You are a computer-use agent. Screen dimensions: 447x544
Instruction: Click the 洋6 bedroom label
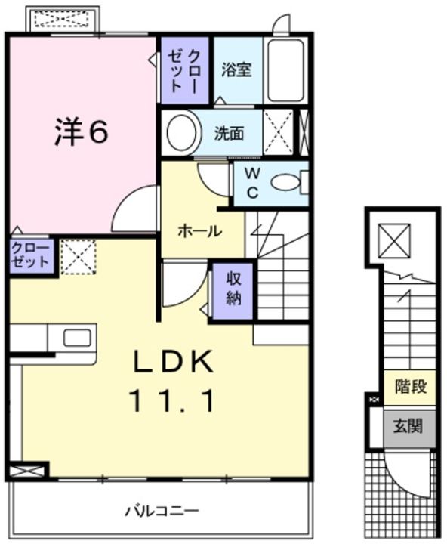click(82, 131)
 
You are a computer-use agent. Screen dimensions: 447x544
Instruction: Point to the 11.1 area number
click(171, 400)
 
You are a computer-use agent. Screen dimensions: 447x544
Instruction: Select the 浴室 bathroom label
click(236, 70)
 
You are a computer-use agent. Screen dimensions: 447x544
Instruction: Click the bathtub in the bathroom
click(285, 70)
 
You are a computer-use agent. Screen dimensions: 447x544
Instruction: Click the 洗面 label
click(229, 133)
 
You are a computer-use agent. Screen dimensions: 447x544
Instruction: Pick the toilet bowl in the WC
click(285, 182)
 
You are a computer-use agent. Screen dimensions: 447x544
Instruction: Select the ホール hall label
click(200, 230)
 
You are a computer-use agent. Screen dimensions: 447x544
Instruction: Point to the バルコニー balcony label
click(162, 511)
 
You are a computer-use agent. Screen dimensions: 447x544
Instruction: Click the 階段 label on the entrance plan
click(410, 387)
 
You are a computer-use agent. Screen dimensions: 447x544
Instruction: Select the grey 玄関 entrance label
click(408, 426)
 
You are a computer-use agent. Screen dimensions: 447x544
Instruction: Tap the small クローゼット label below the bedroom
click(30, 255)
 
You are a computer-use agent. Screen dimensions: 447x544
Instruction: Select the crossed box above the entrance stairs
click(394, 241)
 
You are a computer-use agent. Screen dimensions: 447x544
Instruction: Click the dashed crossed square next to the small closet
click(78, 257)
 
